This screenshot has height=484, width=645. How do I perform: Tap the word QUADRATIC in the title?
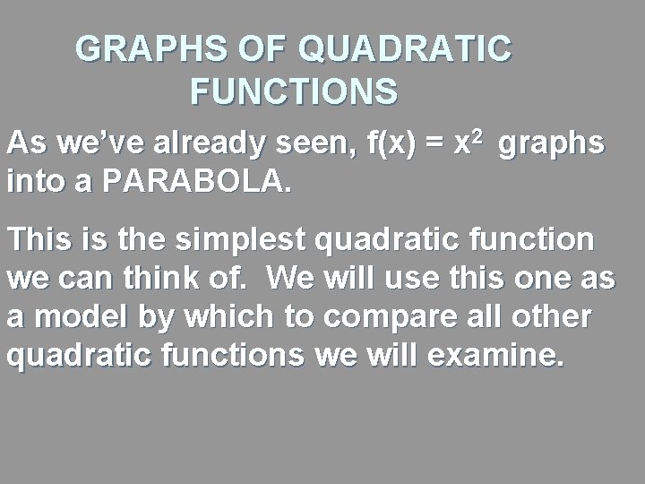click(x=405, y=49)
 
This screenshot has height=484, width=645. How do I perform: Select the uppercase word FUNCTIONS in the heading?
click(x=295, y=91)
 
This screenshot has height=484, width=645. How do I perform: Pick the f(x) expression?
click(x=391, y=144)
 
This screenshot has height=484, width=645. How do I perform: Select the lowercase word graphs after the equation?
click(x=551, y=146)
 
